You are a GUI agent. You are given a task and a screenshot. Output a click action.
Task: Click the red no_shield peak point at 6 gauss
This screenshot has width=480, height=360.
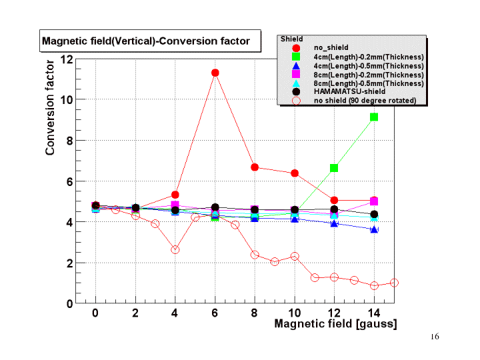coord(215,73)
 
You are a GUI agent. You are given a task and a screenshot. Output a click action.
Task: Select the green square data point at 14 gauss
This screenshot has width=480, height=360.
coord(374,117)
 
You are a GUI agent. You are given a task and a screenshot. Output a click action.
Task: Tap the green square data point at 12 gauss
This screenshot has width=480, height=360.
coord(334,167)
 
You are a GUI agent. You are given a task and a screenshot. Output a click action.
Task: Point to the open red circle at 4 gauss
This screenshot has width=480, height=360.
coord(175,249)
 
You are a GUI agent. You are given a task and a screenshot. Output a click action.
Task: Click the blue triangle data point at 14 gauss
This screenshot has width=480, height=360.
coord(374,229)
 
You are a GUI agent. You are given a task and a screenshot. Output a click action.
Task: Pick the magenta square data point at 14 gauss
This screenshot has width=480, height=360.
coord(374,201)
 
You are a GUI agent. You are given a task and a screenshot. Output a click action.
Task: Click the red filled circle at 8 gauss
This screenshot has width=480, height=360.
coord(255,167)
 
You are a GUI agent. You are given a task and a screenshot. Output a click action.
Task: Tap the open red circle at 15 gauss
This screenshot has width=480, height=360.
coord(394,283)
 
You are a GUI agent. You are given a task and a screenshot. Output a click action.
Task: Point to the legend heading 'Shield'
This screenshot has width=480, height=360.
coord(291,39)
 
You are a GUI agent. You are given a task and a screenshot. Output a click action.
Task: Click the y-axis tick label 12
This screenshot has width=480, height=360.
coord(67,59)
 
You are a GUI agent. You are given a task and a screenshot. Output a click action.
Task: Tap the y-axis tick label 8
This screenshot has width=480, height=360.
coord(69,141)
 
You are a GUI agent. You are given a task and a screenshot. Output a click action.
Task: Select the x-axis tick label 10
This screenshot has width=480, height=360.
coord(294,313)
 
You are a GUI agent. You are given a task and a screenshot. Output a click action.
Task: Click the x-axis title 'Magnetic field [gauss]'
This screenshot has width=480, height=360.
coord(335,324)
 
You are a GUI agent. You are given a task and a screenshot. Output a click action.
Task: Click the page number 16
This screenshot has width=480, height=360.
coord(435,337)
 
